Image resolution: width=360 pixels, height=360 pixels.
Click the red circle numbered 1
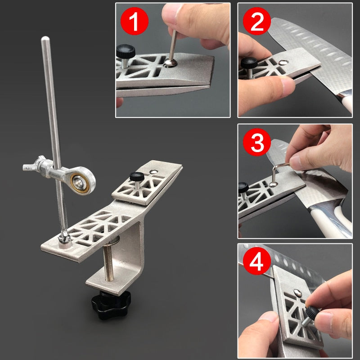[134, 21]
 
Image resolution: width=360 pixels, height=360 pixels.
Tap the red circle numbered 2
[257, 21]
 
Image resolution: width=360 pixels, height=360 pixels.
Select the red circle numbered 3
[257, 142]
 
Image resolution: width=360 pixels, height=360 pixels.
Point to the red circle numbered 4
[257, 261]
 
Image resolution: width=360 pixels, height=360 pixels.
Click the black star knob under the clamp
[111, 304]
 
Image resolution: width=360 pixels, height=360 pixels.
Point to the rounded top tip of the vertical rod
[45, 38]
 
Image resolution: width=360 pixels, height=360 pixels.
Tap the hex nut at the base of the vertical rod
[64, 237]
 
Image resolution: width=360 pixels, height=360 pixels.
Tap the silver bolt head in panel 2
[283, 62]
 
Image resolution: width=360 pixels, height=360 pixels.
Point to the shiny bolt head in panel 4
[297, 293]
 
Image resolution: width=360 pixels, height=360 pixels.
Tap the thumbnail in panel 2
[288, 85]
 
